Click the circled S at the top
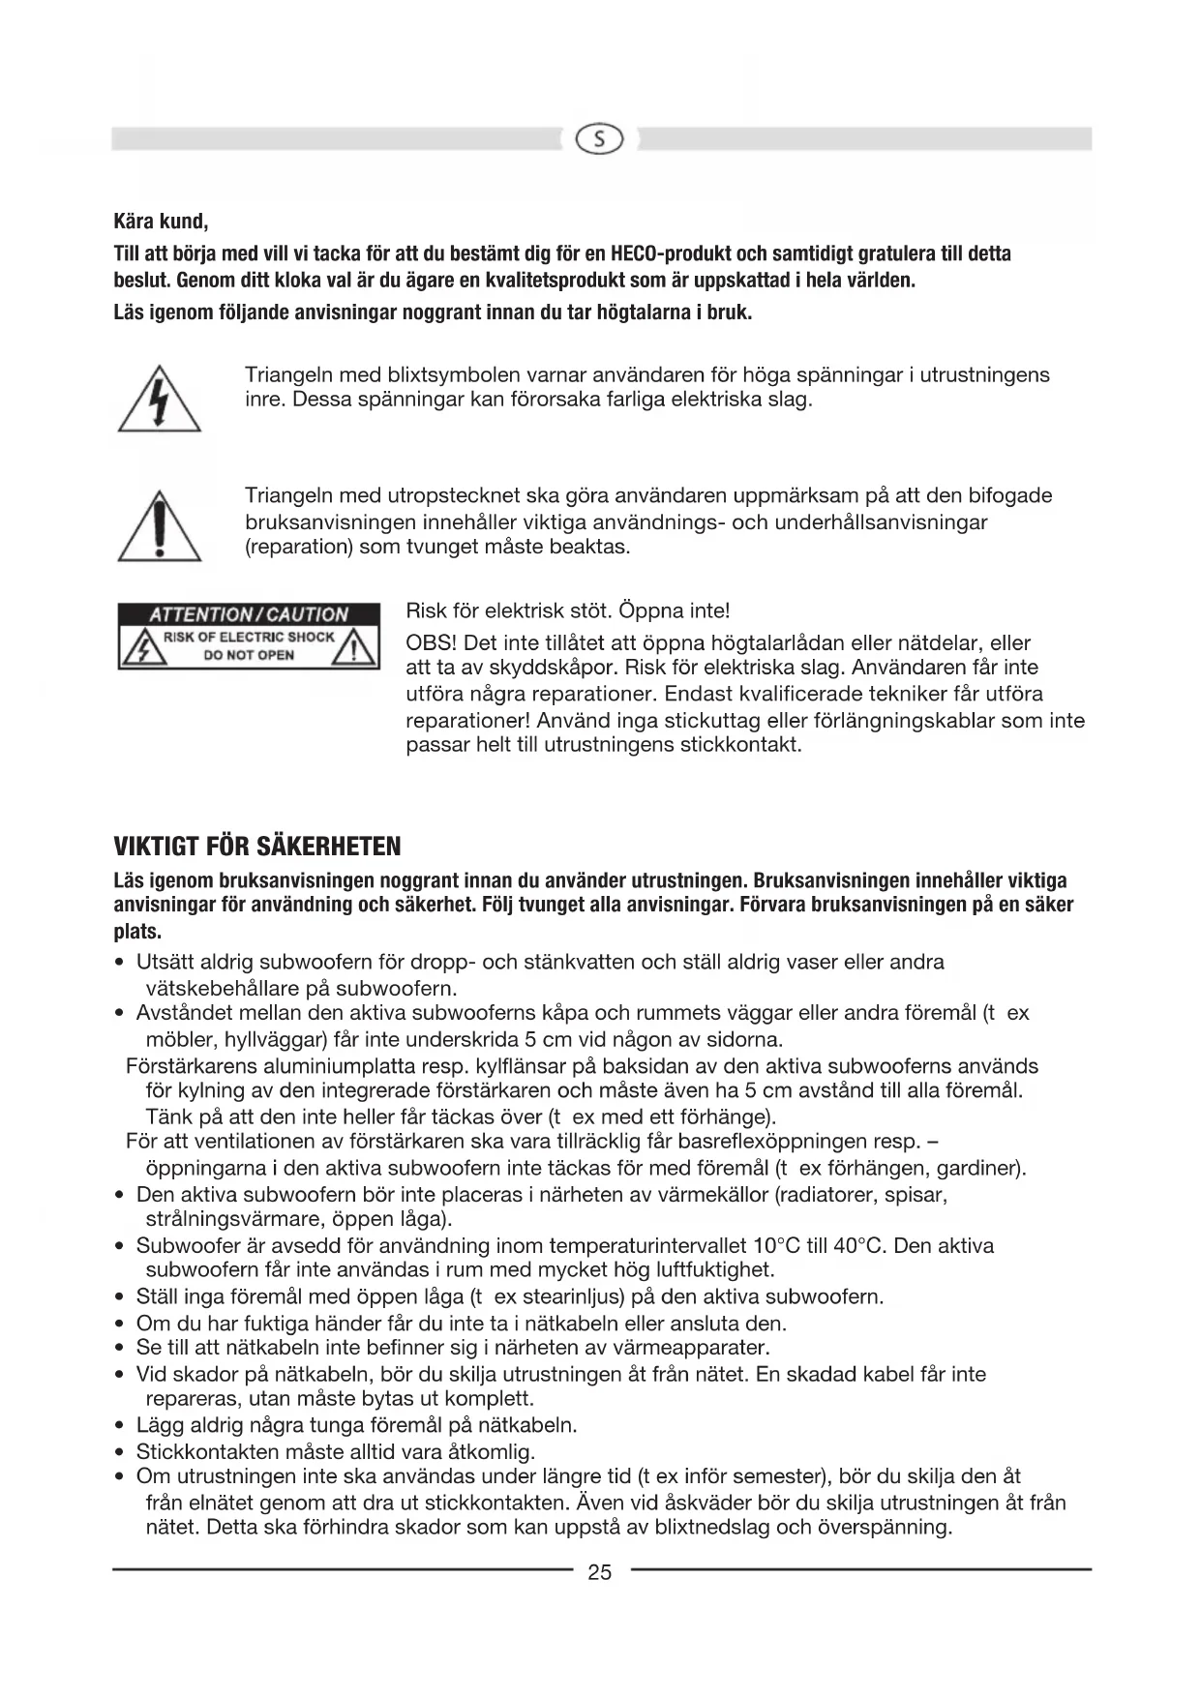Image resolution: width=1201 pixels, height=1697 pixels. pos(600,140)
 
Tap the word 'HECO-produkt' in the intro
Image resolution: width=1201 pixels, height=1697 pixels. pos(672,254)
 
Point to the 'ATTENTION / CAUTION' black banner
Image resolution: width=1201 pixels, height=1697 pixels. pos(248,614)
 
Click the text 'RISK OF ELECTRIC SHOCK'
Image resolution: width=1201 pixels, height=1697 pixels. pos(249,637)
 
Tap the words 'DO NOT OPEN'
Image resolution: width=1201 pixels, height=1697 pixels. pos(249,655)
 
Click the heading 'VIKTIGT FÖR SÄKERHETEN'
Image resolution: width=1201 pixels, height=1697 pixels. pos(257,847)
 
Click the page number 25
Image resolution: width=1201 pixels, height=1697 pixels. pos(600,1572)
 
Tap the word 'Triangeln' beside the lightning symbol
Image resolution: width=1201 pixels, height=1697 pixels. pos(290,374)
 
